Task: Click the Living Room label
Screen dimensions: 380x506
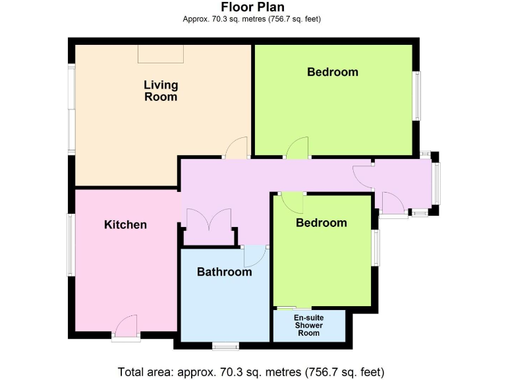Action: [161, 90]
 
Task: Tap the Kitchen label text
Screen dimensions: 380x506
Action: [125, 225]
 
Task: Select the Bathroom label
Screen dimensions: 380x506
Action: [224, 272]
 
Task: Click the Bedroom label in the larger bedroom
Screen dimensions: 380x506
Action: [332, 72]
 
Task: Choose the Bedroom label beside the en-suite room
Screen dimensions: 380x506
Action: [321, 223]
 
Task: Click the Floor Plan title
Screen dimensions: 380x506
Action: [252, 7]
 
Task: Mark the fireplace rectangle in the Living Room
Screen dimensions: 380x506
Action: [161, 53]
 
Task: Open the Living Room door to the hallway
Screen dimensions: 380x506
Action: [236, 148]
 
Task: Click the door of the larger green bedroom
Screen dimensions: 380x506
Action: [297, 148]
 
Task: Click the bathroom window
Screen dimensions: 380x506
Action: [225, 345]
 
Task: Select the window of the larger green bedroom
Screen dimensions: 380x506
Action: [416, 96]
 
